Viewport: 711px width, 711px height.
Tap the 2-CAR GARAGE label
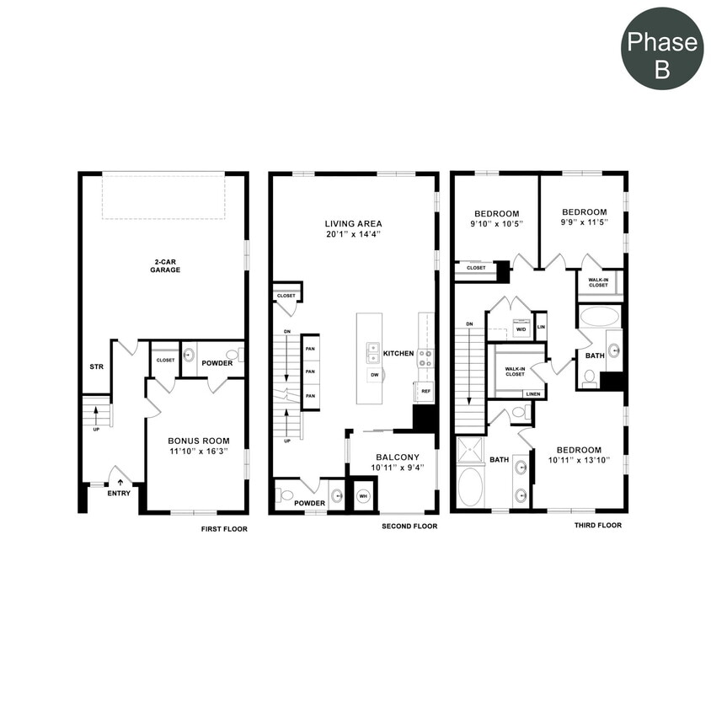167,265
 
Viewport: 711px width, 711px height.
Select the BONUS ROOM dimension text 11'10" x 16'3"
198,452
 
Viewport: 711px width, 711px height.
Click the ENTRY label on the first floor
119,493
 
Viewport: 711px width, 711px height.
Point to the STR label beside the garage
96,366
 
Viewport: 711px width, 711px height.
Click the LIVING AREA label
353,223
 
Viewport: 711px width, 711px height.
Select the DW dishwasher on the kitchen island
374,374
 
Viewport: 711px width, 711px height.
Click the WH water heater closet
364,496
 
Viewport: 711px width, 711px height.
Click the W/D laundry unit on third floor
521,328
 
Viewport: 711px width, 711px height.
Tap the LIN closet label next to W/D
541,327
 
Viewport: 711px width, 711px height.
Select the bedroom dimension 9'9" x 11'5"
584,223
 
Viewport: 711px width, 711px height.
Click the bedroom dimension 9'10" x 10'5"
496,225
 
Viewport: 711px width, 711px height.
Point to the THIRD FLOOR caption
598,526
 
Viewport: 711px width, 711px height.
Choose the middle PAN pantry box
310,372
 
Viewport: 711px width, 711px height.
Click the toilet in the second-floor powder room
286,495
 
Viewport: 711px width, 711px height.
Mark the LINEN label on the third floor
532,393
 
